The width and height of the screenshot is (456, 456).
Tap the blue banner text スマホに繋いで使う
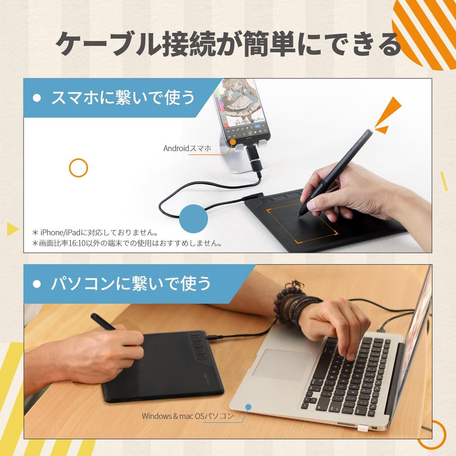[x=123, y=98]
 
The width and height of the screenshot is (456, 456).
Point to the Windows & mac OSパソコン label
[x=187, y=416]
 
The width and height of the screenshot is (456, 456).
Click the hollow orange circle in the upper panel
[x=78, y=168]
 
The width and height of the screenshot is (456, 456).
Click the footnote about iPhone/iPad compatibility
[x=95, y=232]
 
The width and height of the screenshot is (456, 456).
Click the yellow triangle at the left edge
[x=12, y=229]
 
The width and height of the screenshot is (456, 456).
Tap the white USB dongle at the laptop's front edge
[x=361, y=428]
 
